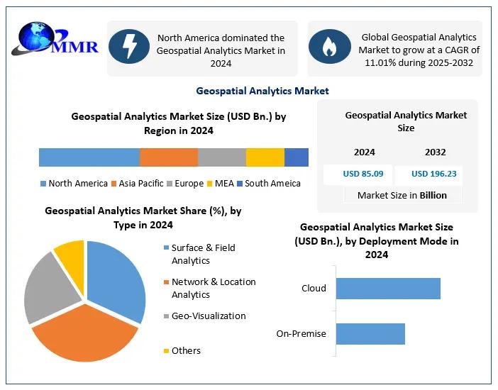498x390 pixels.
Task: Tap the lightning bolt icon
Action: click(x=131, y=48)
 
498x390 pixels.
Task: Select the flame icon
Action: click(x=328, y=48)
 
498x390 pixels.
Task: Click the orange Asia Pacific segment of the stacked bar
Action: click(x=168, y=157)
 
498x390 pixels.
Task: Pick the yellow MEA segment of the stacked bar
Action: click(x=265, y=157)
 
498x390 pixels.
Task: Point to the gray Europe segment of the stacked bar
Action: click(x=221, y=157)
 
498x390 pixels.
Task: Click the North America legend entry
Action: click(x=74, y=184)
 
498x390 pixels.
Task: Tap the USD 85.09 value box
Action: click(x=363, y=174)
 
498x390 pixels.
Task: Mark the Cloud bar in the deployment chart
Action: click(x=388, y=289)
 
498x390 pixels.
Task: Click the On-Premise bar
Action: click(x=370, y=334)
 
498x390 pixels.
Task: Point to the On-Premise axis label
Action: click(x=301, y=334)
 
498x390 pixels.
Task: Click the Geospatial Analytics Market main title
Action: click(x=262, y=91)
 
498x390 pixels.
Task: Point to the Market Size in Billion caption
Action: click(x=402, y=196)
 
